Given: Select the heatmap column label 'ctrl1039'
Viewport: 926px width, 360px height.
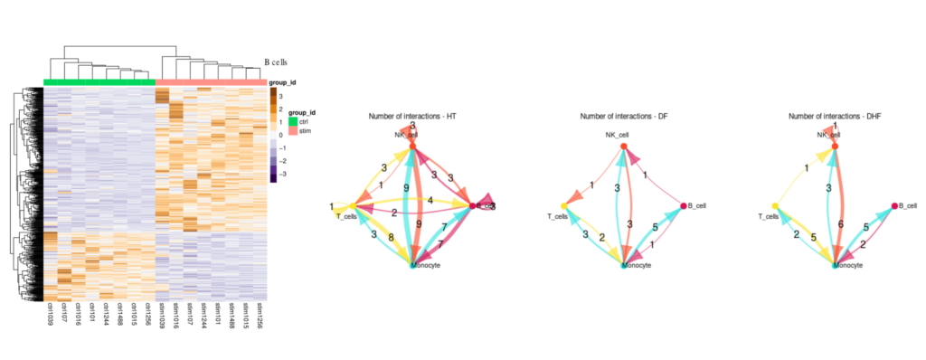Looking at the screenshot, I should [48, 318].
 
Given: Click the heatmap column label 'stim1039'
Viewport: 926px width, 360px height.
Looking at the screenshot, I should [161, 318].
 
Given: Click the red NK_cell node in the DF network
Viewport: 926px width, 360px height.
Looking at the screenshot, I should [623, 147].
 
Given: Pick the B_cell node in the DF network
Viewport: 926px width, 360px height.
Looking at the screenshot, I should [684, 206].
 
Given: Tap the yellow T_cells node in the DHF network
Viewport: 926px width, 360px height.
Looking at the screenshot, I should [775, 206].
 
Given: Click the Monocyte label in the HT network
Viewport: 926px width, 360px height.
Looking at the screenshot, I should [426, 267].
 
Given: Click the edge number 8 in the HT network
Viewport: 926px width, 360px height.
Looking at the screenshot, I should [391, 238].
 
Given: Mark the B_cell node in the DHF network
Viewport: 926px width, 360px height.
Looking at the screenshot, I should [894, 206].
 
